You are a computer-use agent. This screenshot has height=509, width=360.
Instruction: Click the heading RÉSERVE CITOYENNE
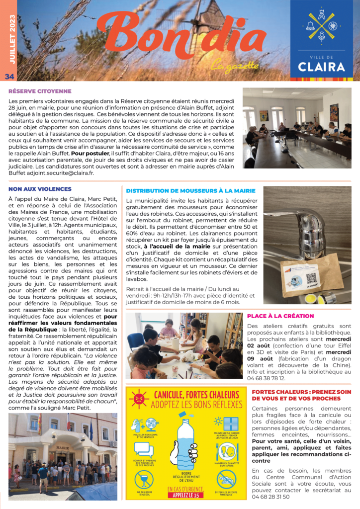tap(40, 91)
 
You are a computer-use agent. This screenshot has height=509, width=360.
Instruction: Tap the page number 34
tap(9, 77)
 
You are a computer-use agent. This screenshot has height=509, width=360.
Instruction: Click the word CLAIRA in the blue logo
tap(321, 67)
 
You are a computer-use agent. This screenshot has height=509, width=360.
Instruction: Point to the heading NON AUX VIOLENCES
tap(40, 189)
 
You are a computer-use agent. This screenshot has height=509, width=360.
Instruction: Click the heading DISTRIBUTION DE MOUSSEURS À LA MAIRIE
tap(191, 191)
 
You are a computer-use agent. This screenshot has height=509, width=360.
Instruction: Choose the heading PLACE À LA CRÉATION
tap(280, 316)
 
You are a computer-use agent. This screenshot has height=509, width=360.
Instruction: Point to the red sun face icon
tap(138, 399)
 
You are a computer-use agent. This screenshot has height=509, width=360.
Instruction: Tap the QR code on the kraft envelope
tap(311, 278)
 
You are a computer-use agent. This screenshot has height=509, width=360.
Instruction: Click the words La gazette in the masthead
tap(234, 65)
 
